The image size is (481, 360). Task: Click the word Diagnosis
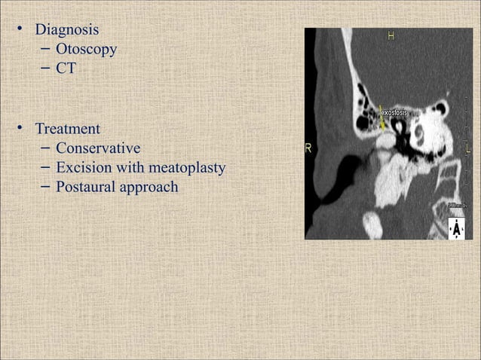[67, 31]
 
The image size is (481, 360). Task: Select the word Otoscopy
[86, 50]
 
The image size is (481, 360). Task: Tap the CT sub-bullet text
[66, 69]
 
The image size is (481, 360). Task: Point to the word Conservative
[98, 148]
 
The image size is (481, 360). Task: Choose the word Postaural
[85, 186]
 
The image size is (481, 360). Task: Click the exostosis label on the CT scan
[394, 113]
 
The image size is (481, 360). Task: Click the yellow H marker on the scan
[391, 35]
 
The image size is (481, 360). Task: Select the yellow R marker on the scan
[308, 148]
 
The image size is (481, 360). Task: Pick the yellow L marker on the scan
[469, 148]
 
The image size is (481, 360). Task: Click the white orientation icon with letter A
[456, 228]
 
